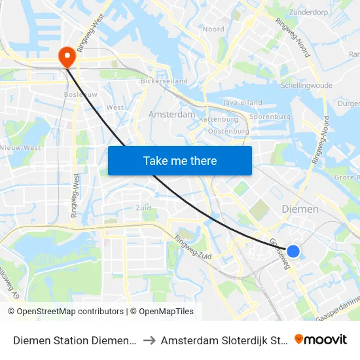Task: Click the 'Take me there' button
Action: pyautogui.click(x=180, y=160)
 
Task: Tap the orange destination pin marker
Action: pyautogui.click(x=67, y=57)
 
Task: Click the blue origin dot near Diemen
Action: pyautogui.click(x=293, y=251)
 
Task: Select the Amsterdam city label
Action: pyautogui.click(x=172, y=114)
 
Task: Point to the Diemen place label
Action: pyautogui.click(x=300, y=209)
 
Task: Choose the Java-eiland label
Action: pyautogui.click(x=242, y=103)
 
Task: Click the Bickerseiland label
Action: pyautogui.click(x=164, y=82)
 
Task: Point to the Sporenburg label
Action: pyautogui.click(x=270, y=117)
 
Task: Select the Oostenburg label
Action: pyautogui.click(x=228, y=131)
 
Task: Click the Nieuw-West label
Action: pyautogui.click(x=20, y=148)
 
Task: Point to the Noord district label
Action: pyautogui.click(x=213, y=29)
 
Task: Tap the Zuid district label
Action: pyautogui.click(x=143, y=207)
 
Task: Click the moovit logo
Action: pyautogui.click(x=321, y=339)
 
